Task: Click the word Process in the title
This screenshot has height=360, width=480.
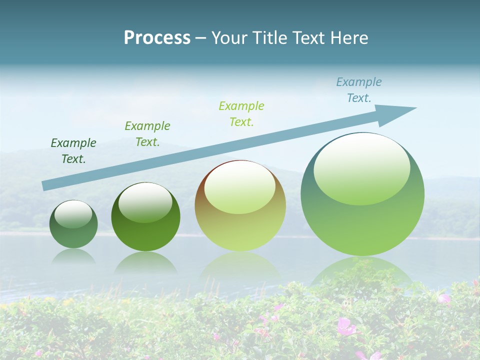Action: click(x=157, y=38)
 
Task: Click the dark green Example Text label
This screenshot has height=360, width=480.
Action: click(x=73, y=151)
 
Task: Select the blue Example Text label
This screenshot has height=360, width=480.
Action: click(x=359, y=90)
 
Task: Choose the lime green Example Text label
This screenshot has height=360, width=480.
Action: click(x=241, y=113)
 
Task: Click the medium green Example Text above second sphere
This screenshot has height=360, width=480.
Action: click(x=147, y=134)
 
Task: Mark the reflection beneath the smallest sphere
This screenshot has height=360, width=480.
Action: click(x=73, y=256)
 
